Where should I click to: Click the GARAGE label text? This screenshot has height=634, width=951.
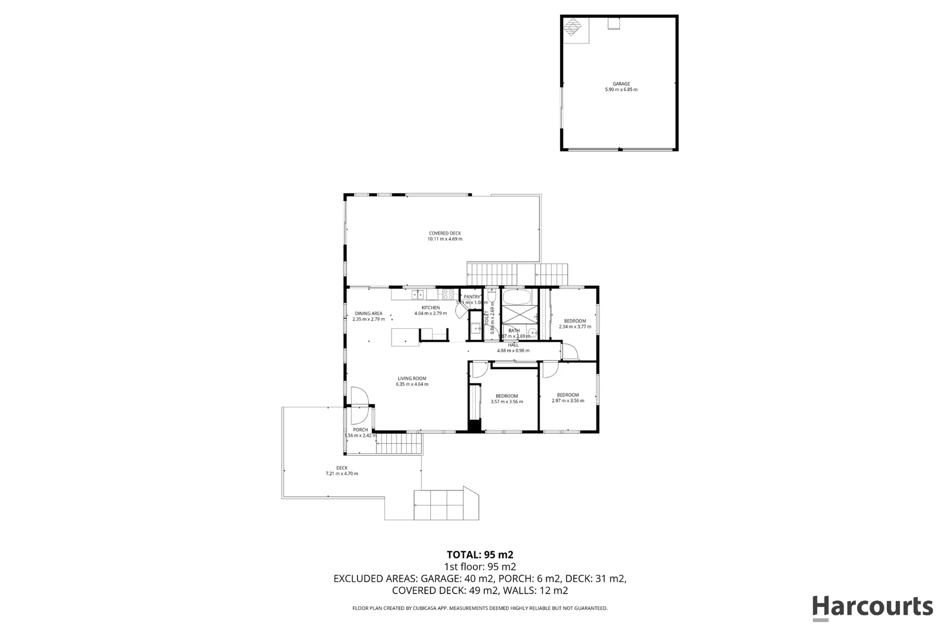click(621, 84)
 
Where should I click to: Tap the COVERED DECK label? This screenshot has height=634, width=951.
click(444, 233)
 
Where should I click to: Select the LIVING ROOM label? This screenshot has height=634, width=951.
click(412, 379)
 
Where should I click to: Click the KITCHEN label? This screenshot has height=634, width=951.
click(430, 308)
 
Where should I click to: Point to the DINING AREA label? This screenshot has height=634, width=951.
click(368, 313)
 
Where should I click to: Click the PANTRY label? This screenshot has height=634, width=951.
click(472, 297)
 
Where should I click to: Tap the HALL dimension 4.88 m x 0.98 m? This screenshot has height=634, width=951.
click(513, 350)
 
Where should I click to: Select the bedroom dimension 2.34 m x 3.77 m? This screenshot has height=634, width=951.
click(575, 326)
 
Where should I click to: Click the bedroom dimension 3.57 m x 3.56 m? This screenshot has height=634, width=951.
click(507, 402)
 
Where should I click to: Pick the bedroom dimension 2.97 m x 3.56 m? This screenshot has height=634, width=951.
click(568, 401)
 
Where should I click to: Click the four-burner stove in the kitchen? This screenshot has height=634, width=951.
click(448, 294)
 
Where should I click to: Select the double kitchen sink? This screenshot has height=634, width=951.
click(417, 294)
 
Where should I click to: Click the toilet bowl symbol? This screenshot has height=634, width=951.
click(491, 295)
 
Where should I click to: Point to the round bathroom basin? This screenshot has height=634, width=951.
click(532, 333)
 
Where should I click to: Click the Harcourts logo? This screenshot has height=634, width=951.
click(872, 607)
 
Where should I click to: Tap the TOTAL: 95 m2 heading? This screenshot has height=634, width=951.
click(480, 554)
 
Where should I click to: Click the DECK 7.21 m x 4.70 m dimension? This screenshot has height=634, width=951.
click(342, 474)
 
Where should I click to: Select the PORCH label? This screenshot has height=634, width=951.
click(360, 430)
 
